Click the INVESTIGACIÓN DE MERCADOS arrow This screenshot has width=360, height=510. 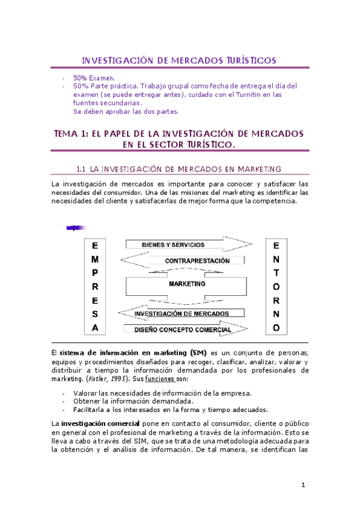pyautogui.click(x=182, y=313)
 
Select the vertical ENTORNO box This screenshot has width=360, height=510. pyautogui.click(x=276, y=287)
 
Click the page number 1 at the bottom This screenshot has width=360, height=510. pyautogui.click(x=304, y=485)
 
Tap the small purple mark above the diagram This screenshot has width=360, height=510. pyautogui.click(x=75, y=227)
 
